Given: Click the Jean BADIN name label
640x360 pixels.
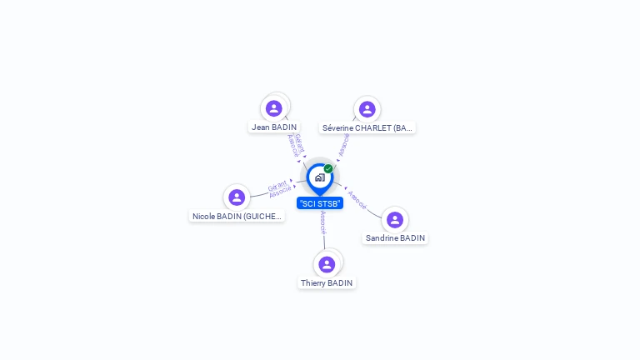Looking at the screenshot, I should point(274,127).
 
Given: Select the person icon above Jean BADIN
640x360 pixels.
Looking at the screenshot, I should point(274,108).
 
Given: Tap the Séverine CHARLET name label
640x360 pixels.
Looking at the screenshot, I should point(367,128).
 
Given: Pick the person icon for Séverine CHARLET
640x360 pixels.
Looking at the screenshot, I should point(367,109).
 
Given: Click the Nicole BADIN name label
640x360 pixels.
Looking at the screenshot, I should point(237,216).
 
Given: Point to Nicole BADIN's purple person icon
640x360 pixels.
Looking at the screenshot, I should point(237,197).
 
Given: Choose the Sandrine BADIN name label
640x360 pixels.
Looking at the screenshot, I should point(395,238).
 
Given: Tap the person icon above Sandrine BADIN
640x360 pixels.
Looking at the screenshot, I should point(395,220).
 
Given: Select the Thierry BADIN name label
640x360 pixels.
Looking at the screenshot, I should point(327,283).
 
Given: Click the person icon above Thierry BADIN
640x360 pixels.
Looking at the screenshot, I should point(327,264).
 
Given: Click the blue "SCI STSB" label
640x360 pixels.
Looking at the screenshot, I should point(320,203).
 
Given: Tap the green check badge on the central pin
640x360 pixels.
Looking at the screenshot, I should point(328,169).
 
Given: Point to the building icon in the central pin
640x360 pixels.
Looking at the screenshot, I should point(319,177).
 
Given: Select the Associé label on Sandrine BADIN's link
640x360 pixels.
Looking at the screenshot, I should point(357,199).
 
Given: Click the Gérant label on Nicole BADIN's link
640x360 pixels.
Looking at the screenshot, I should point(277,184).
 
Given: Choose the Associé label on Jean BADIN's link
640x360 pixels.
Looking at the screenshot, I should point(292,146).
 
